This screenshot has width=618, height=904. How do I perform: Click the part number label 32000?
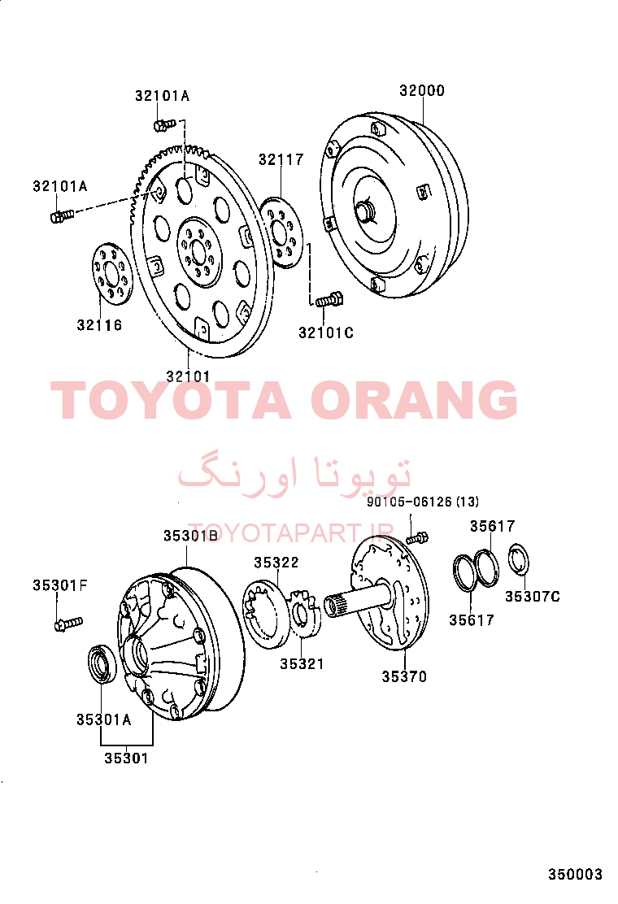[422, 90]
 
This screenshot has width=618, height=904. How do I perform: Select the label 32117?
[281, 159]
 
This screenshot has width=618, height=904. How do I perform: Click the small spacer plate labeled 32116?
[112, 274]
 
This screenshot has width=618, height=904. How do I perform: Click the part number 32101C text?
[326, 332]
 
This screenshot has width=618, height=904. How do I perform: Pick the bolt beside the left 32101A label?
[62, 216]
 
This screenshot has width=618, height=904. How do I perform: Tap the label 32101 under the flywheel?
[189, 376]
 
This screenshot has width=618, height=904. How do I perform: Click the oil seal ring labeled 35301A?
[102, 665]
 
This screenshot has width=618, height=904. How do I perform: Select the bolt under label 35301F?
[68, 624]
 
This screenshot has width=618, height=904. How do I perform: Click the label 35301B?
[191, 536]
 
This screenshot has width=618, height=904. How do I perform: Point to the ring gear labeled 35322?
[266, 614]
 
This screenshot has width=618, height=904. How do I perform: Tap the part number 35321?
[302, 663]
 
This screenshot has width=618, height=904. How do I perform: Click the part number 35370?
[404, 676]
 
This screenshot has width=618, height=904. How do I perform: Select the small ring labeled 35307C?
[519, 559]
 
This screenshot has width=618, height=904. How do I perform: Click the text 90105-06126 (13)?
[423, 502]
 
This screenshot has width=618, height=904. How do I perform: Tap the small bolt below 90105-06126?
[416, 538]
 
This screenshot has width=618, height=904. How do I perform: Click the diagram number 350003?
[575, 875]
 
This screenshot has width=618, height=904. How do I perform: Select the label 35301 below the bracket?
[126, 758]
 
